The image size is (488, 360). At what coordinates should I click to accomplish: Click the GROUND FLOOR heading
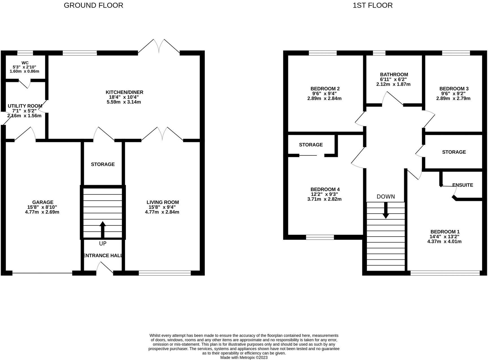(93, 5)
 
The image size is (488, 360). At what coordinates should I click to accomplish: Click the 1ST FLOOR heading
(372, 5)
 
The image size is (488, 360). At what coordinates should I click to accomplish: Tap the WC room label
(25, 63)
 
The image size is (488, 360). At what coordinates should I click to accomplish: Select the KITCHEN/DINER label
(124, 92)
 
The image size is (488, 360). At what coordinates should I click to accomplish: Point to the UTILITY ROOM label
(25, 106)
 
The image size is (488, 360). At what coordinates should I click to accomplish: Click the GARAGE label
(43, 202)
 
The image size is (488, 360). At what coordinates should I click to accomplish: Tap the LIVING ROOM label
(163, 202)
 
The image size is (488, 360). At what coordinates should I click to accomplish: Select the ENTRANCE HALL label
(103, 255)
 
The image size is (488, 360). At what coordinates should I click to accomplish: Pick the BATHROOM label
(394, 75)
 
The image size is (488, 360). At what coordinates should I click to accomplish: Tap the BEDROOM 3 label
(454, 89)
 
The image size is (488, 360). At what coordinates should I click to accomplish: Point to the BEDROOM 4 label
(325, 189)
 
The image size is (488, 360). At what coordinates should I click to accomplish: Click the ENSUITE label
(463, 185)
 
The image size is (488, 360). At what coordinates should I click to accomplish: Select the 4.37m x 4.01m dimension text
(445, 242)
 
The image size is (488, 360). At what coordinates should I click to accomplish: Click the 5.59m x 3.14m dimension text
(124, 102)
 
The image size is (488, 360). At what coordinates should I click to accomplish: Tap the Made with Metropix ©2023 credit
(244, 357)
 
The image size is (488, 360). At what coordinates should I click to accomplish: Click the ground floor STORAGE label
(103, 164)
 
